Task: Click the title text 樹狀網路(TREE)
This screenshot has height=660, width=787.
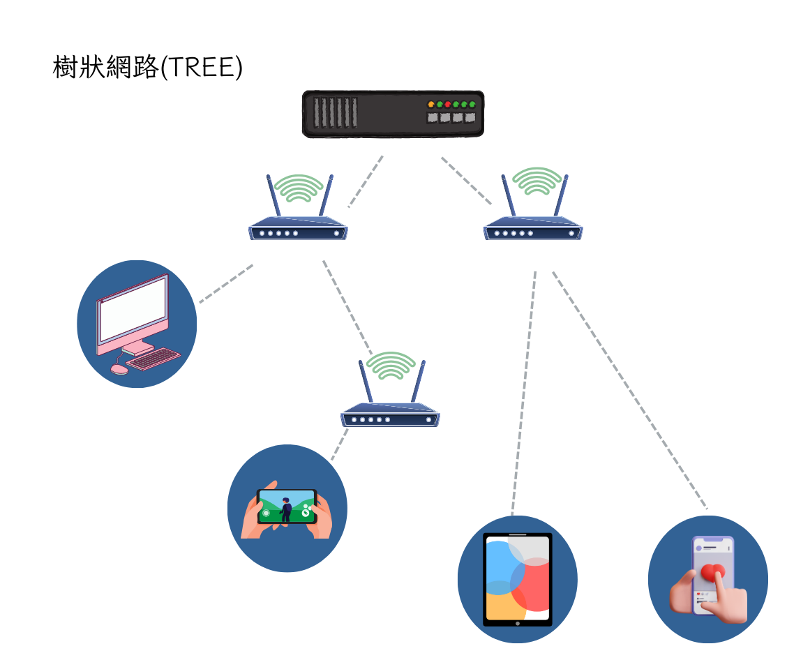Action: [x=147, y=68]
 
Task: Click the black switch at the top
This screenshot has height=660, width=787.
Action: [x=393, y=114]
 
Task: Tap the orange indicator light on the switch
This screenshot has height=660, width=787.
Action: [x=431, y=105]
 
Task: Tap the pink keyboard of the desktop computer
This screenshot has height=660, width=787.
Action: [x=154, y=359]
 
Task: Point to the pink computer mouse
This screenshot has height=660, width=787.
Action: [x=119, y=368]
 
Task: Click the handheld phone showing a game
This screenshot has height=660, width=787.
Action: [x=287, y=507]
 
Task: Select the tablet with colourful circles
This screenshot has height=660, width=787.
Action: [x=517, y=578]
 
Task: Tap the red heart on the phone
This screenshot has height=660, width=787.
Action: [x=713, y=573]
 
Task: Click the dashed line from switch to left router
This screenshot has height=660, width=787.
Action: [x=366, y=181]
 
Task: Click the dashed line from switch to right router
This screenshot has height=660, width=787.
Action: [x=466, y=181]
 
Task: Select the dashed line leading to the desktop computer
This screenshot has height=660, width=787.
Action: [x=226, y=283]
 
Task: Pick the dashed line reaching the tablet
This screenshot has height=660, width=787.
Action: [x=524, y=391]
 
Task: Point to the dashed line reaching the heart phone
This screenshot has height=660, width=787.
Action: [x=628, y=387]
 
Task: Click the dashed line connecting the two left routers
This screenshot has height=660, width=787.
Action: [x=347, y=307]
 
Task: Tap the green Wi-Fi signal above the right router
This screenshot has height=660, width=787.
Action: [x=536, y=181]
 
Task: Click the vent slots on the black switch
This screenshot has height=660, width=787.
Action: [x=335, y=113]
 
